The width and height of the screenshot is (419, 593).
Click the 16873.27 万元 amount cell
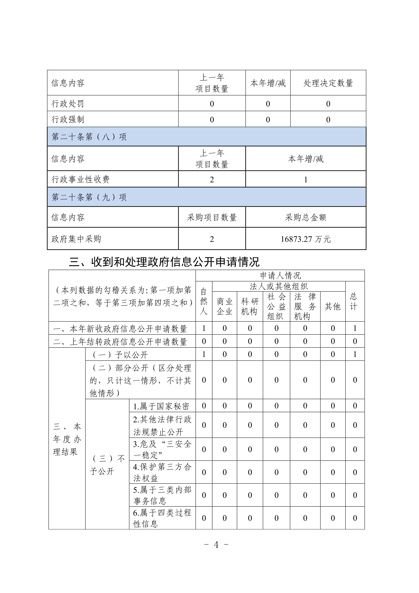(x=305, y=239)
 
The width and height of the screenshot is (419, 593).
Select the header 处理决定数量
(x=328, y=83)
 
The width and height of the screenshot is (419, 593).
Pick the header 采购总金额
(x=305, y=217)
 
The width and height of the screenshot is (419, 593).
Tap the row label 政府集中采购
(x=76, y=239)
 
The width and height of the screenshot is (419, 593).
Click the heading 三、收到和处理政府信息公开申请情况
(x=164, y=262)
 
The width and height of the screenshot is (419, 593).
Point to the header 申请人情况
(x=280, y=276)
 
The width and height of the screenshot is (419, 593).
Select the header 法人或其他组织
(x=279, y=286)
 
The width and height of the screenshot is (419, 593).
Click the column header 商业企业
(x=225, y=306)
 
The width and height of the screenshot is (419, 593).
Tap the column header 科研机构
(x=250, y=306)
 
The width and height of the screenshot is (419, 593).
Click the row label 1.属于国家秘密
(x=161, y=406)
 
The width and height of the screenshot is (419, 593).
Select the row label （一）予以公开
(x=120, y=355)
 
